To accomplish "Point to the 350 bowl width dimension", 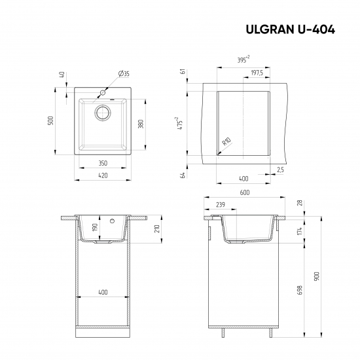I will pos(102,162).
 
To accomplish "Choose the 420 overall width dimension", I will pos(102,175).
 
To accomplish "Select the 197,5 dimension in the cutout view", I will pos(257,73).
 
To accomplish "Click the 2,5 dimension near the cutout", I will pos(280,170).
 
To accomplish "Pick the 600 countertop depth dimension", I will pos(244,192).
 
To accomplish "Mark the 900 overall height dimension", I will pos(317,276).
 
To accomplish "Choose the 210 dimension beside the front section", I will pos(158,229).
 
